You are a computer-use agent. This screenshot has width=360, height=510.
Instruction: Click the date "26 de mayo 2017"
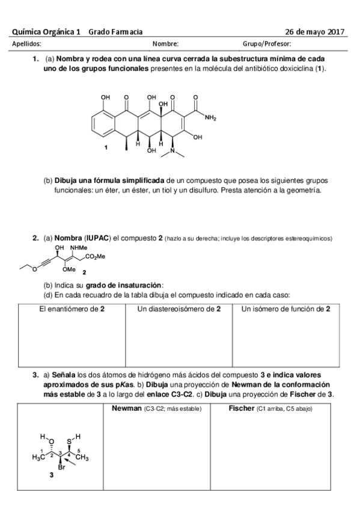pyautogui.click(x=314, y=32)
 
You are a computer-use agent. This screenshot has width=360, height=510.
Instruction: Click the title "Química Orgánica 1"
pyautogui.click(x=46, y=32)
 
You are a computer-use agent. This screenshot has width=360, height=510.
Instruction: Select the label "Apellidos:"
pyautogui.click(x=26, y=44)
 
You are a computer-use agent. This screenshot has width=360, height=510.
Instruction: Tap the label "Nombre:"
pyautogui.click(x=165, y=44)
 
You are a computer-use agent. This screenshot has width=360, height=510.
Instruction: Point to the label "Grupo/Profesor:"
pyautogui.click(x=267, y=44)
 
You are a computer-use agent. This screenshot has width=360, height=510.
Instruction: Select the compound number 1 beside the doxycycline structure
pyautogui.click(x=106, y=147)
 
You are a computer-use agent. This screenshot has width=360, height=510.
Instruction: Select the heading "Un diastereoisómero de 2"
pyautogui.click(x=178, y=309)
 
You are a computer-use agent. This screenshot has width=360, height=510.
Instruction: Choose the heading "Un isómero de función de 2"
pyautogui.click(x=285, y=309)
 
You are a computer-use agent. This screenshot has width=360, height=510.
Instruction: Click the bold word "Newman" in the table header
pyautogui.click(x=124, y=409)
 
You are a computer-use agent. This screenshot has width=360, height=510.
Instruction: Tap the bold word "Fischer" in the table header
pyautogui.click(x=242, y=409)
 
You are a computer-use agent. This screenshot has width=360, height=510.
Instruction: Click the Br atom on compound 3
pyautogui.click(x=61, y=467)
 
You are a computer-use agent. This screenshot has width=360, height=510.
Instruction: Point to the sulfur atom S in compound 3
pyautogui.click(x=70, y=441)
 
